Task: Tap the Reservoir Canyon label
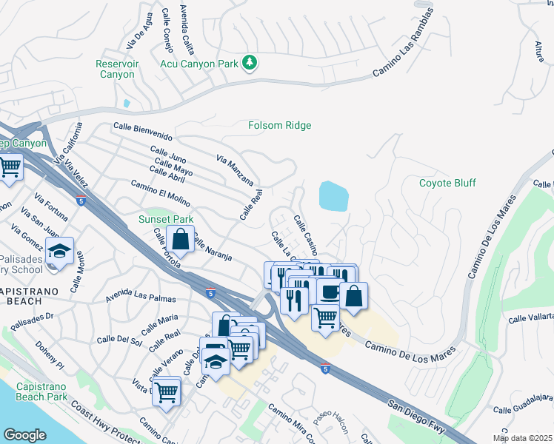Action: (x=116, y=70)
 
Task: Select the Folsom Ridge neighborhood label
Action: (x=279, y=125)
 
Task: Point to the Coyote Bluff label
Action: (x=447, y=183)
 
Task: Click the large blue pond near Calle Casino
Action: (x=333, y=196)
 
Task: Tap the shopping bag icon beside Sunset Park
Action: (x=180, y=238)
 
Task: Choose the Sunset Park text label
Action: (x=166, y=220)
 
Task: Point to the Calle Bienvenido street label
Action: (x=143, y=132)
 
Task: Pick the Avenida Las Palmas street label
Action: (x=141, y=297)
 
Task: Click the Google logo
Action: (x=24, y=435)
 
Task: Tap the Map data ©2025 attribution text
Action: (x=521, y=438)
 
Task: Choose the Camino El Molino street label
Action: (x=160, y=194)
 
